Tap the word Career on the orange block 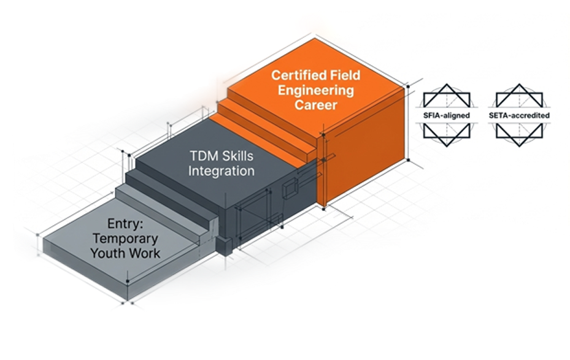click(x=314, y=105)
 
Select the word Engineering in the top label click(x=314, y=91)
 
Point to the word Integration click(x=221, y=170)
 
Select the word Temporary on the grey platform click(x=125, y=238)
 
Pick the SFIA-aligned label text click(x=446, y=115)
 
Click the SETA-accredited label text click(x=520, y=115)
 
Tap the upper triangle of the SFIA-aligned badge click(x=446, y=95)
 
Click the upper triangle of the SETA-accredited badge click(x=520, y=95)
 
